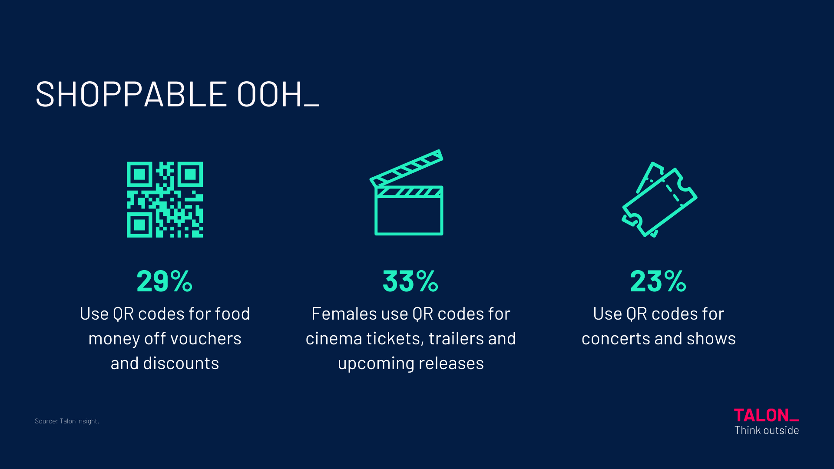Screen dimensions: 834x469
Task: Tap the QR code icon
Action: (165, 199)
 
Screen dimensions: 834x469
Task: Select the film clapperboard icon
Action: (407, 193)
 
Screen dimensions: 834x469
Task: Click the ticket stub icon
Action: (659, 199)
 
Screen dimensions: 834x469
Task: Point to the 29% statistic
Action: (165, 281)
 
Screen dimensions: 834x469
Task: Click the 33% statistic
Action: (410, 281)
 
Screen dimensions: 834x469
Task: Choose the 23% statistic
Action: (658, 281)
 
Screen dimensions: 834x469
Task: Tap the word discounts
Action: (181, 363)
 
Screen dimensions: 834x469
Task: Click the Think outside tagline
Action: (767, 430)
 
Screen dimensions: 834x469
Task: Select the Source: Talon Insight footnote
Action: (67, 421)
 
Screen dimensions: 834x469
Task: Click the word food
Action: (232, 314)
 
